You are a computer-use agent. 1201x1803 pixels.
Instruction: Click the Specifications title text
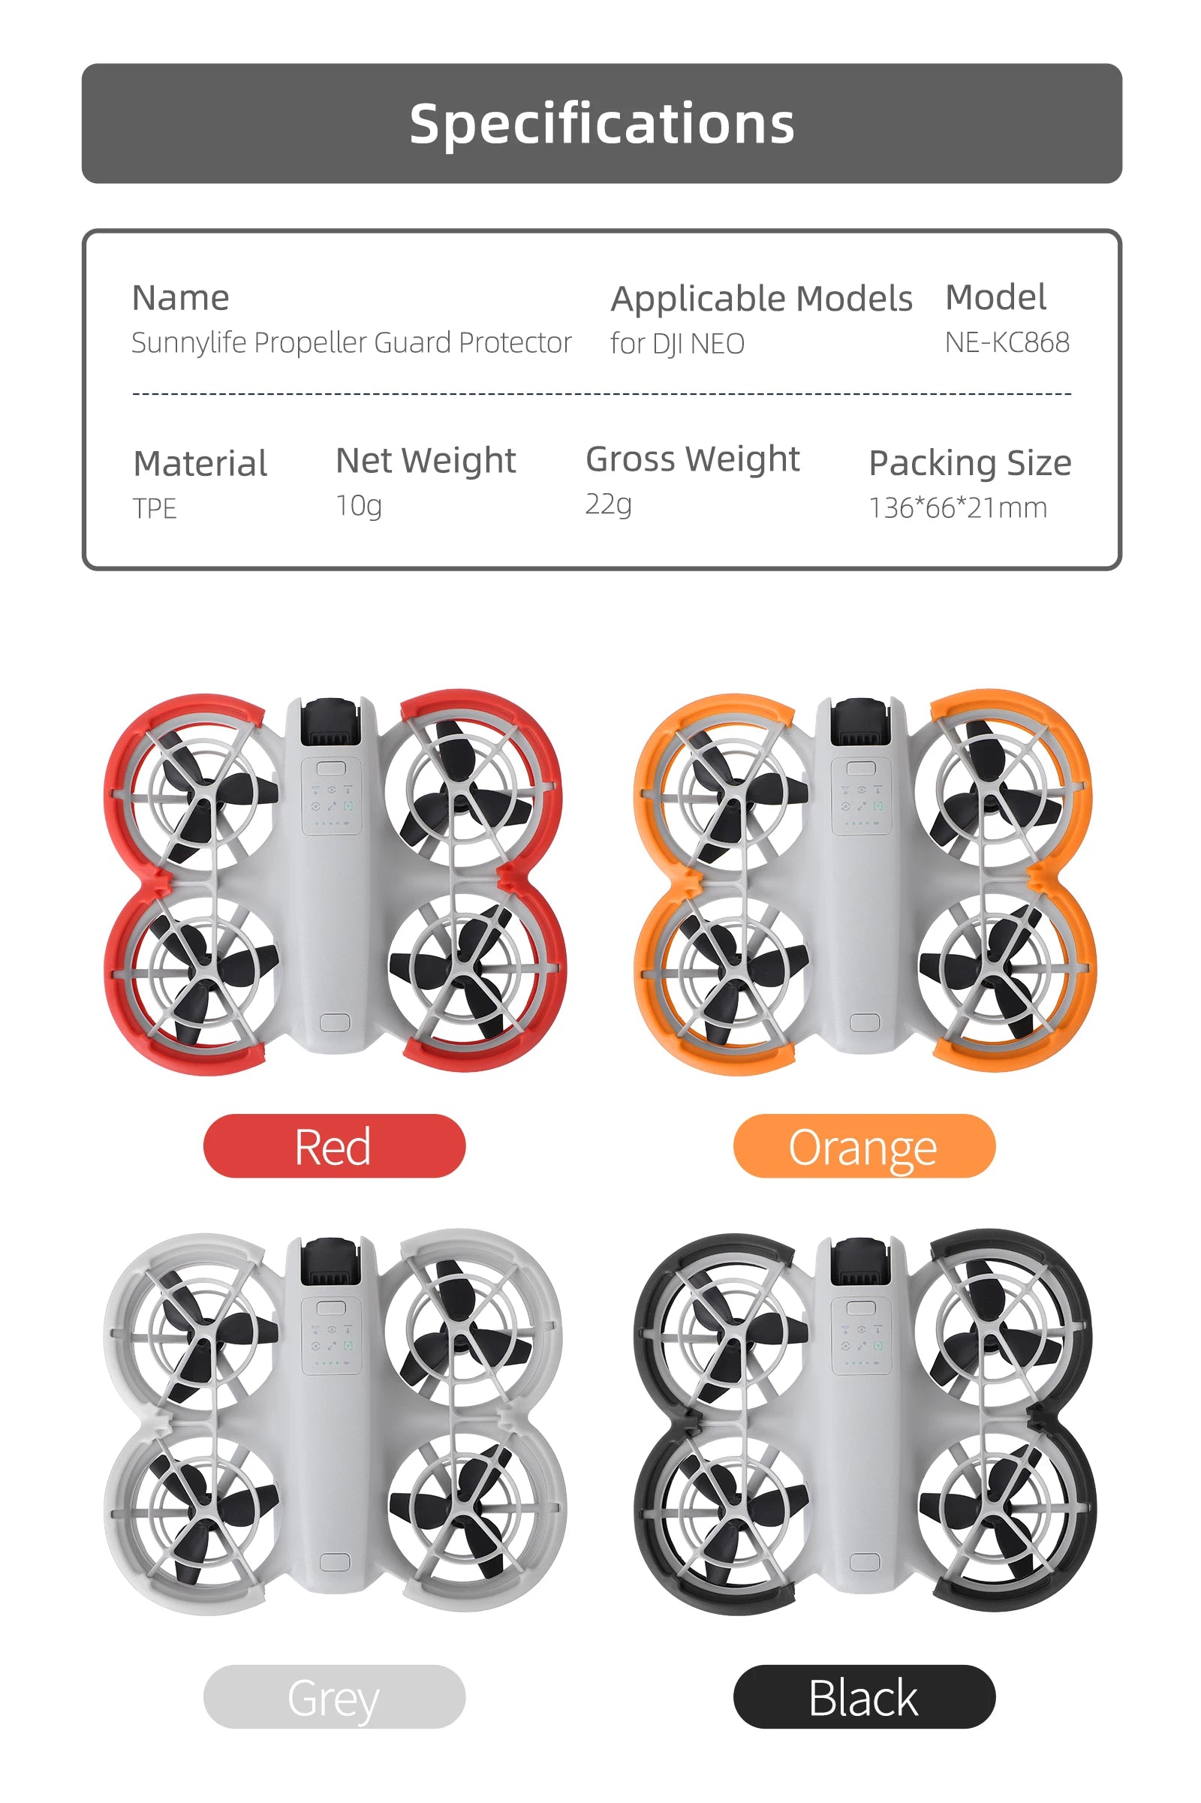[601, 123]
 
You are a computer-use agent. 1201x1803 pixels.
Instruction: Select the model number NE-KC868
[1007, 342]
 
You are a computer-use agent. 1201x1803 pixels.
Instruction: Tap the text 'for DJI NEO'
[677, 344]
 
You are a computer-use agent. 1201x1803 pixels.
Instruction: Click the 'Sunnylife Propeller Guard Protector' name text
[351, 342]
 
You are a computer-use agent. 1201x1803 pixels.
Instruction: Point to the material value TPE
[155, 509]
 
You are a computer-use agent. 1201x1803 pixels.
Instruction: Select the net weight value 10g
[359, 505]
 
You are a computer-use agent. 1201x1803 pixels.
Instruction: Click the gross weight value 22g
[608, 504]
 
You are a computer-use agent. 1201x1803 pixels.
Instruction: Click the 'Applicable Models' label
[761, 298]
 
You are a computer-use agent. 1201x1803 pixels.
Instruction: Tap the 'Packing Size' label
[970, 462]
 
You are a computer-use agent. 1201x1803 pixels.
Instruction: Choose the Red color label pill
[334, 1146]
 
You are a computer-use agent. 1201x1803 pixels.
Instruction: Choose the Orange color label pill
[864, 1146]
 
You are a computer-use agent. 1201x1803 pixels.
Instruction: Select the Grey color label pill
[334, 1696]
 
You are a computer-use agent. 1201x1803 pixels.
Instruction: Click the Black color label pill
[864, 1696]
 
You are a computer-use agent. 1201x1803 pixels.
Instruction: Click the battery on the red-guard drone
[330, 721]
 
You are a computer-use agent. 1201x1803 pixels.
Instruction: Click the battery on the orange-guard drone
[860, 721]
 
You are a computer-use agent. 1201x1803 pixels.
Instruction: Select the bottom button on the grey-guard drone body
[335, 1563]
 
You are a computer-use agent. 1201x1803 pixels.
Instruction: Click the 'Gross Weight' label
[692, 459]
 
